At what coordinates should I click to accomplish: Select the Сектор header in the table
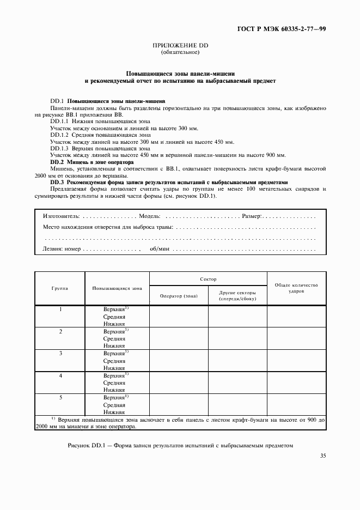pyautogui.click(x=208, y=279)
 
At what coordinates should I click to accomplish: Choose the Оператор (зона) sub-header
pyautogui.click(x=179, y=296)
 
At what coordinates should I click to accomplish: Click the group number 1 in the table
pyautogui.click(x=60, y=309)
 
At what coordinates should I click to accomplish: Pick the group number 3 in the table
pyautogui.click(x=60, y=354)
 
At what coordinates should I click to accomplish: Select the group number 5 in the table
pyautogui.click(x=60, y=398)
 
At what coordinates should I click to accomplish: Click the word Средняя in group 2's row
pyautogui.click(x=114, y=338)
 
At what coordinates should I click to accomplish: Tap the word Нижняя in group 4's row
pyautogui.click(x=114, y=390)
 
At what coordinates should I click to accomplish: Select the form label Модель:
pyautogui.click(x=151, y=216)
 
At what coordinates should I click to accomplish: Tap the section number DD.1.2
pyautogui.click(x=60, y=135)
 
